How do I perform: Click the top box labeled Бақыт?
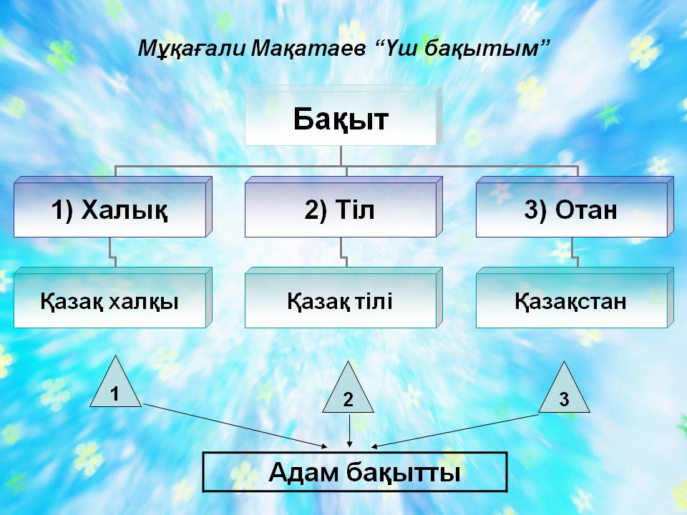pyautogui.click(x=343, y=116)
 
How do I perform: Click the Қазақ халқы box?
pyautogui.click(x=112, y=298)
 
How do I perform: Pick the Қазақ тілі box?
pyautogui.click(x=343, y=298)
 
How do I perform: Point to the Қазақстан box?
pyautogui.click(x=575, y=298)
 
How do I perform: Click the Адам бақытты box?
pyautogui.click(x=355, y=472)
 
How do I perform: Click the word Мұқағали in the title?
pyautogui.click(x=192, y=48)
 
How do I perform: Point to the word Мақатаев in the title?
pyautogui.click(x=308, y=48)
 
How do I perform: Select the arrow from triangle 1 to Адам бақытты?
pyautogui.click(x=235, y=426)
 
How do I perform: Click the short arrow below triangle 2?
pyautogui.click(x=349, y=431)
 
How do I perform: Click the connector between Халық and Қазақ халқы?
pyautogui.click(x=112, y=252)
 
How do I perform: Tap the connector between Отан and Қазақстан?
pyautogui.click(x=575, y=252)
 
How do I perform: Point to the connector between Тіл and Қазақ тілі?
pyautogui.click(x=344, y=252)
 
